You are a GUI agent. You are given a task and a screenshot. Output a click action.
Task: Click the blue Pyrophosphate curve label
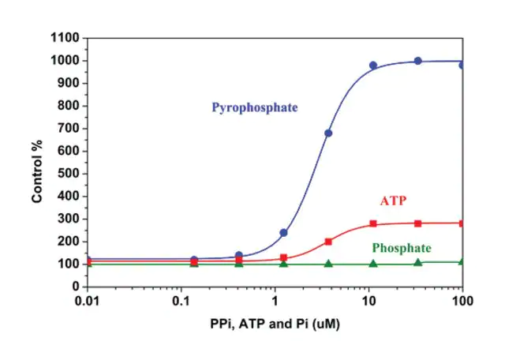(254, 107)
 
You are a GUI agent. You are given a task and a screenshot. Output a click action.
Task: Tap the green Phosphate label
(402, 247)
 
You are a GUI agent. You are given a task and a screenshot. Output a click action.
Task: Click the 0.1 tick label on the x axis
(181, 302)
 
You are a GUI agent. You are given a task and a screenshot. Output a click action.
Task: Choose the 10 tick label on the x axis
(368, 302)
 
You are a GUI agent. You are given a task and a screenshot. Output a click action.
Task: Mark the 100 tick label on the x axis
(462, 302)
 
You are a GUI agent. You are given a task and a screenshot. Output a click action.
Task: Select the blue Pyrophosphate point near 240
(283, 233)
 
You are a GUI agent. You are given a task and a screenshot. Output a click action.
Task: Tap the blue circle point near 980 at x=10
(373, 66)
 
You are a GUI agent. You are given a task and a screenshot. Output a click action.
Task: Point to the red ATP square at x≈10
(373, 223)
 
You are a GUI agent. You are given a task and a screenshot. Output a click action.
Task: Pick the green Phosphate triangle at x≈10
(373, 263)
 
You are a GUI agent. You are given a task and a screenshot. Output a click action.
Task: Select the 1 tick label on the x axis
(275, 302)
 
